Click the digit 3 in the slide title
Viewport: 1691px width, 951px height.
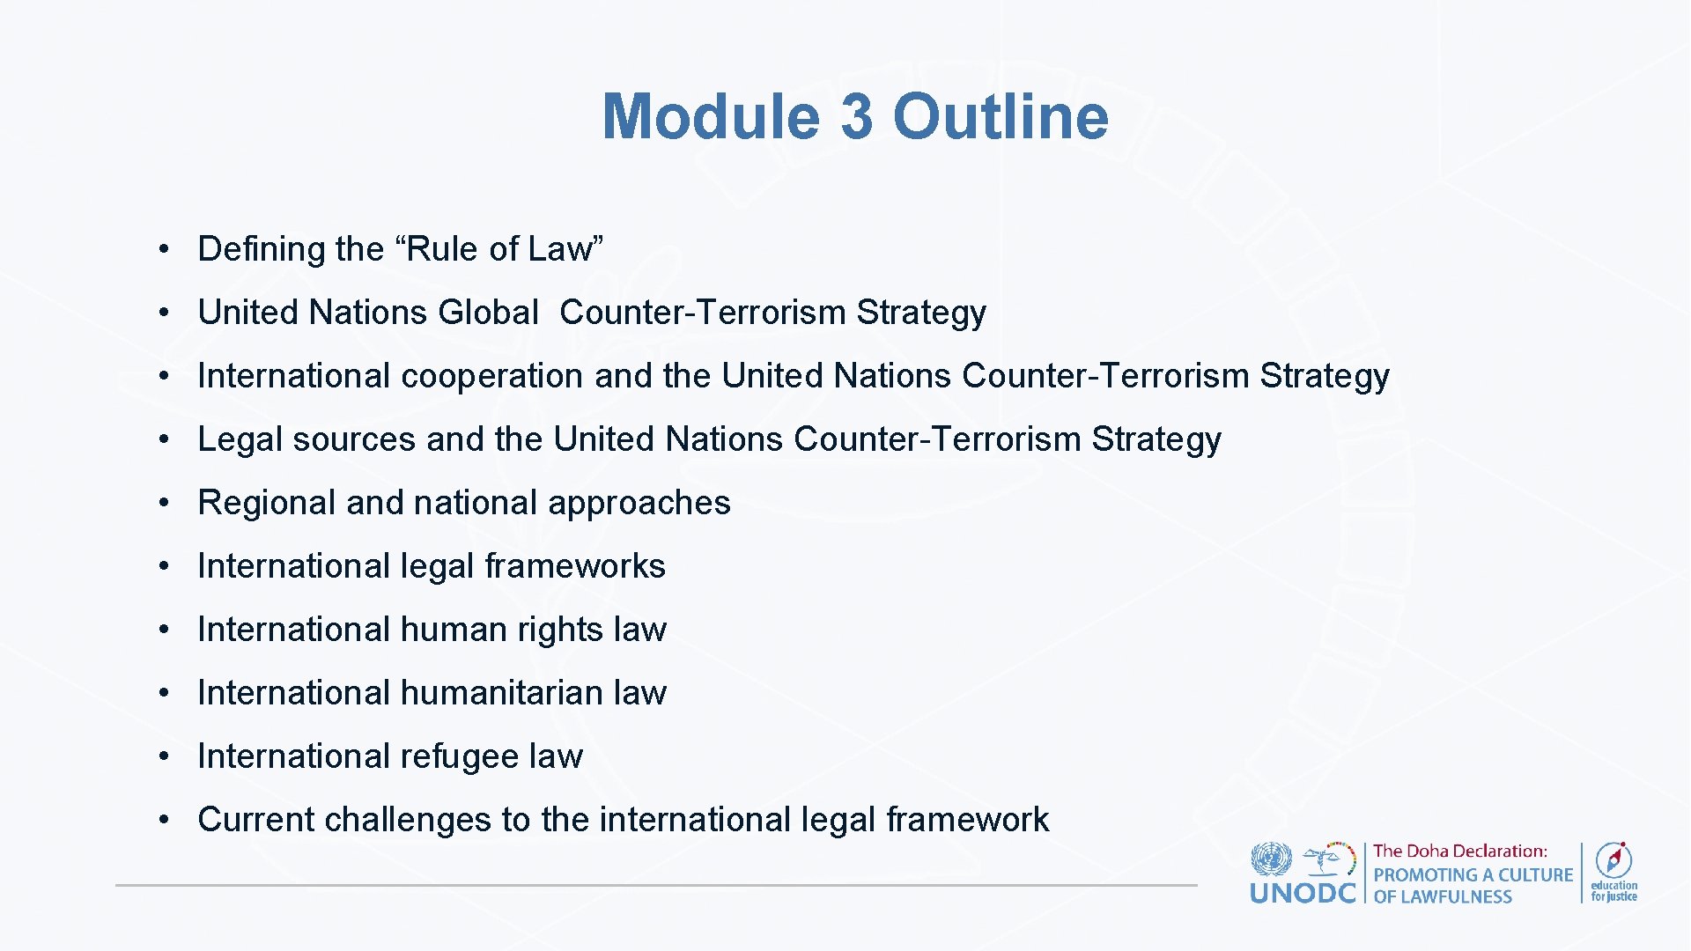click(x=857, y=116)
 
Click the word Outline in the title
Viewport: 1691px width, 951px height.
click(x=1001, y=116)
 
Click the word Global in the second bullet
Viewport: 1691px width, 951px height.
click(x=488, y=313)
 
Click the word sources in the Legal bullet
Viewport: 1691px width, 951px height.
click(x=353, y=439)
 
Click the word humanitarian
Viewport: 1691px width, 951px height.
click(x=501, y=693)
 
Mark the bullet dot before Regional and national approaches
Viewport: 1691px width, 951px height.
click(x=164, y=503)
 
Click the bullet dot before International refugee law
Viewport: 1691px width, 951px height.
click(x=164, y=756)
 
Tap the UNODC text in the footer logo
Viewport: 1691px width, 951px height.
click(x=1302, y=894)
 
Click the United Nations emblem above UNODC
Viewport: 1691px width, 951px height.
click(x=1271, y=859)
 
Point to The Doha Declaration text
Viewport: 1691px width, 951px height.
click(x=1459, y=851)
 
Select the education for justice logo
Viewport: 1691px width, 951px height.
click(x=1613, y=872)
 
